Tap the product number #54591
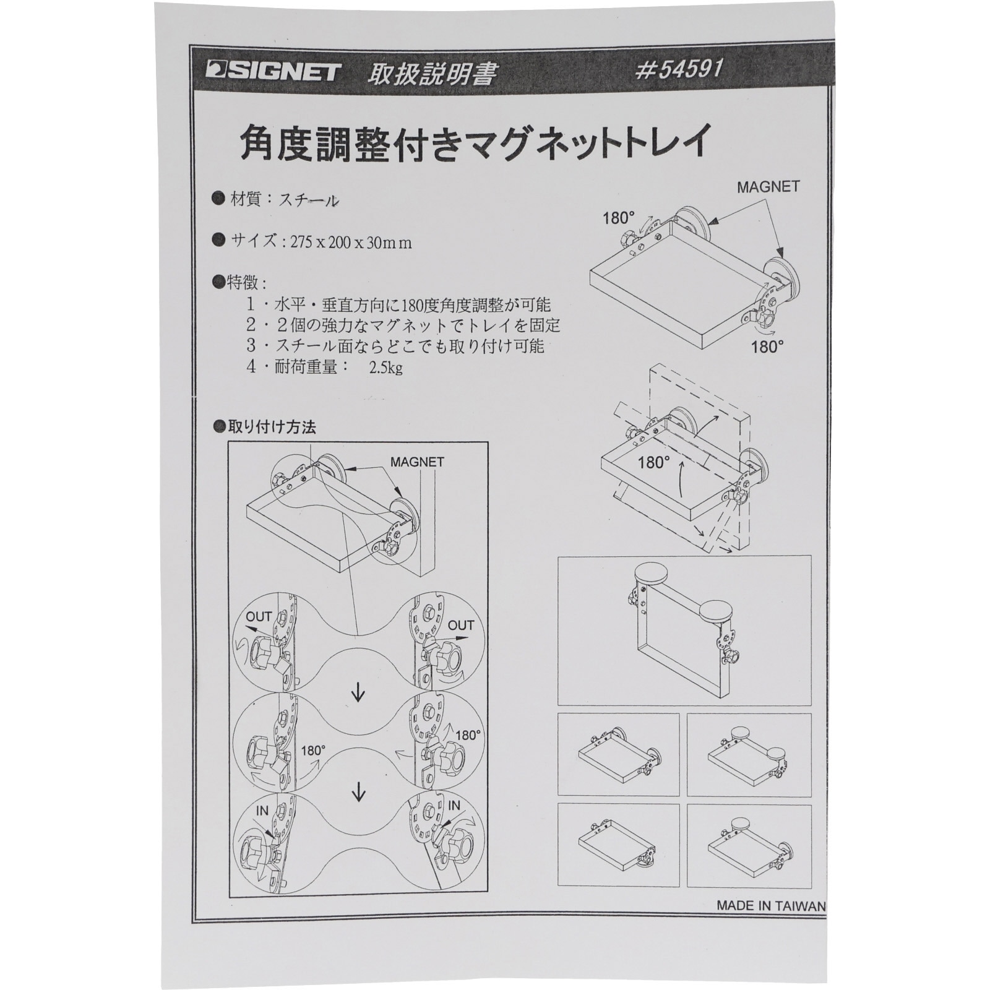point(679,69)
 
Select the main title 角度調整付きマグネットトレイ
point(473,143)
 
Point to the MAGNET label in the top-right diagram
point(768,187)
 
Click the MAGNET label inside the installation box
point(417,462)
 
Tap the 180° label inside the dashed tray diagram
point(654,462)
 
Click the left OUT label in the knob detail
point(259,616)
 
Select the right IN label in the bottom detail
point(454,806)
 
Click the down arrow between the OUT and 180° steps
point(358,694)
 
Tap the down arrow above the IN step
point(358,793)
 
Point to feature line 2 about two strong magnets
point(403,325)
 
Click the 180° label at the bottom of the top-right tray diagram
point(767,347)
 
